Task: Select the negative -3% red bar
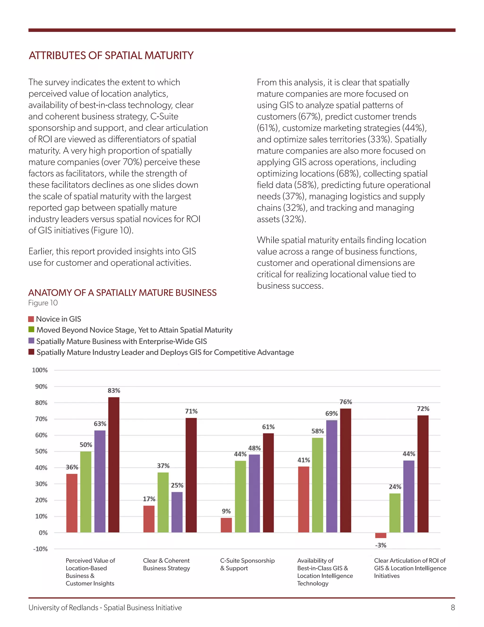click(381, 535)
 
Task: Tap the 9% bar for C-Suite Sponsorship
click(226, 525)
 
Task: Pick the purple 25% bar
click(177, 512)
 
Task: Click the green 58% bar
click(317, 485)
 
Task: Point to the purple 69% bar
click(332, 476)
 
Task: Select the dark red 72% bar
click(423, 474)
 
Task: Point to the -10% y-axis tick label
click(40, 549)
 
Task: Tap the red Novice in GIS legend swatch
click(31, 319)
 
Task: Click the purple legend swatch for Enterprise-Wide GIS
click(31, 341)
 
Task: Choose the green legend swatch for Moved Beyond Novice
click(31, 330)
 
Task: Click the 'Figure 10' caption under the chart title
click(43, 303)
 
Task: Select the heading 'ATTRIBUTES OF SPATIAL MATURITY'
click(111, 55)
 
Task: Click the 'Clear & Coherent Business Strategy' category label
click(166, 564)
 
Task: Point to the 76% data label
click(346, 402)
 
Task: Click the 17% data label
click(149, 499)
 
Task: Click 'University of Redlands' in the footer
click(63, 608)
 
